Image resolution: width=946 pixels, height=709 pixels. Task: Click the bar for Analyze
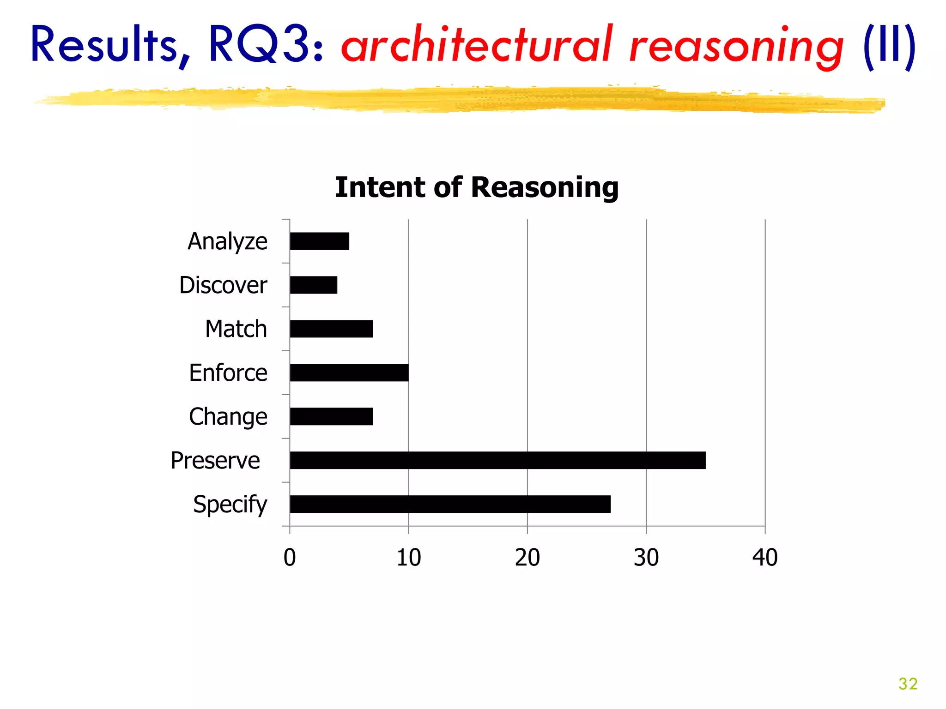point(320,241)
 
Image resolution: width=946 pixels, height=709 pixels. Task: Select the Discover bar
point(314,285)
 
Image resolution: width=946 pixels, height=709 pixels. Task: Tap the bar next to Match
point(331,329)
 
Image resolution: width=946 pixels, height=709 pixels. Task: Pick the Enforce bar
point(349,373)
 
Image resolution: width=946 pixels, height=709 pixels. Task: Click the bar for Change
point(331,417)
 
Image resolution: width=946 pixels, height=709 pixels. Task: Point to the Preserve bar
point(497,461)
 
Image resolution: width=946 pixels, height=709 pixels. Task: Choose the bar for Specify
point(450,505)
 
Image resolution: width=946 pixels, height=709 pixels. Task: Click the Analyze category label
point(227,241)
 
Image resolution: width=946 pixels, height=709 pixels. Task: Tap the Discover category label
point(223,285)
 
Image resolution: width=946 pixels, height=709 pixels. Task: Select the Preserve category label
point(215,461)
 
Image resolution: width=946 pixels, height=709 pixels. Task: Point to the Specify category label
point(230,505)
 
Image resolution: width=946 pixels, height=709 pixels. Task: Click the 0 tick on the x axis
point(290,558)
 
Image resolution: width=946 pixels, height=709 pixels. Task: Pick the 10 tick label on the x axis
point(408,558)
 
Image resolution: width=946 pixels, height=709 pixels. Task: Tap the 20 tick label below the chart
point(527,558)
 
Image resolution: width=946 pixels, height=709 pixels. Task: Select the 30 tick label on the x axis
point(646,558)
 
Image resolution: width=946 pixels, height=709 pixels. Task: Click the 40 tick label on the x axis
point(765,558)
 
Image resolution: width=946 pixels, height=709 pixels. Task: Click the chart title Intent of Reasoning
point(477,187)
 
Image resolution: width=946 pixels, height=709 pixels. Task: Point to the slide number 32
point(908,684)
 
